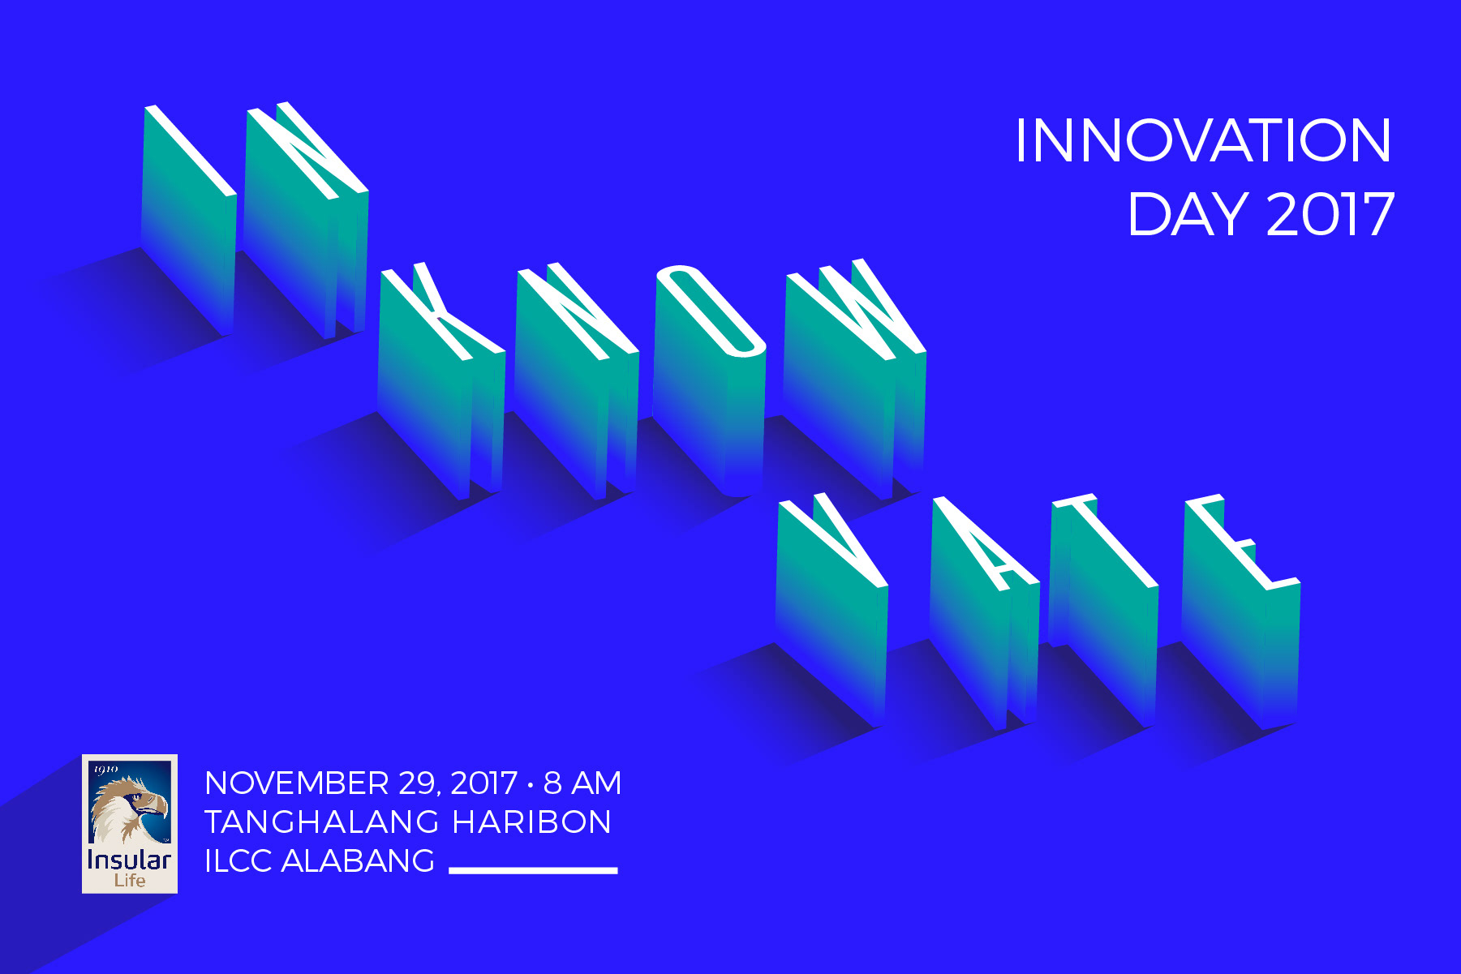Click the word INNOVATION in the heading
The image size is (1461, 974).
point(1203,140)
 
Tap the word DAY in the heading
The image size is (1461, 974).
point(1188,215)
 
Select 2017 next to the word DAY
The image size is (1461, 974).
point(1330,215)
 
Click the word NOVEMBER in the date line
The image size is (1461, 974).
point(297,783)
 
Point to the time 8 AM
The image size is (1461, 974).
point(582,783)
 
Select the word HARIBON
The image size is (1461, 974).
point(531,822)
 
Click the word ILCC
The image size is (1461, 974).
point(238,861)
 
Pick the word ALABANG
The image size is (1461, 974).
point(358,861)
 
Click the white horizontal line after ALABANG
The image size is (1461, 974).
point(533,870)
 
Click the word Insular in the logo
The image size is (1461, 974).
point(129,859)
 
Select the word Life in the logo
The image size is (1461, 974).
point(130,881)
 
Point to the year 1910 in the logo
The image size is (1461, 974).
point(106,769)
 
